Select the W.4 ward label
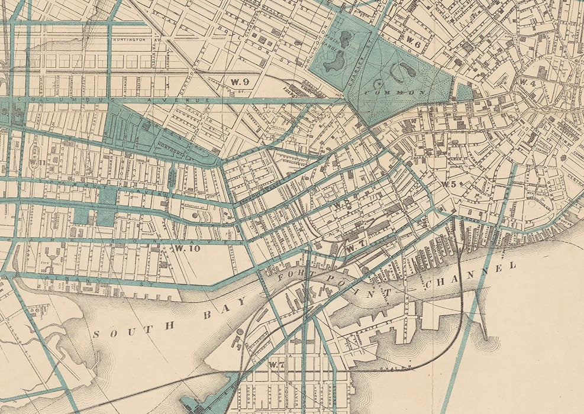pyautogui.click(x=528, y=83)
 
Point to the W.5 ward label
pyautogui.click(x=448, y=184)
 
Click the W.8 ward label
pyautogui.click(x=340, y=205)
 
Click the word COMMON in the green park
pyautogui.click(x=396, y=93)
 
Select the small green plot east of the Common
pyautogui.click(x=464, y=92)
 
